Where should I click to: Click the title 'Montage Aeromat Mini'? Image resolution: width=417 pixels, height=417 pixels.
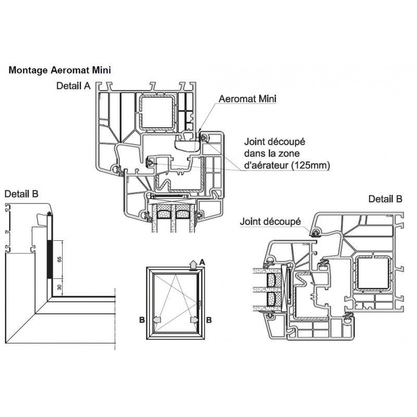pyautogui.click(x=59, y=70)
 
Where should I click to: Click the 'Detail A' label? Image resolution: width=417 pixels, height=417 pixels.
pyautogui.click(x=73, y=86)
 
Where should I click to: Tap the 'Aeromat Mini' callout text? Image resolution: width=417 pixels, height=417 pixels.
pyautogui.click(x=247, y=99)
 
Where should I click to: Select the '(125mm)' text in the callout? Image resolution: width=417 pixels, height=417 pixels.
pyautogui.click(x=311, y=165)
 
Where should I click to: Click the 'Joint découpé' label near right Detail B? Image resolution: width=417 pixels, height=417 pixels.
pyautogui.click(x=270, y=222)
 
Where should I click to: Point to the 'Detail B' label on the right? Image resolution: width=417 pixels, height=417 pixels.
pyautogui.click(x=385, y=199)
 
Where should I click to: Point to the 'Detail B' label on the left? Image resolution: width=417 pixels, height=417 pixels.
pyautogui.click(x=21, y=194)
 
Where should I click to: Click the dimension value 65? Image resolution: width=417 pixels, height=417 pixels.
pyautogui.click(x=59, y=259)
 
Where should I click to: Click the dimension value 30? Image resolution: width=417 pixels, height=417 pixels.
pyautogui.click(x=59, y=287)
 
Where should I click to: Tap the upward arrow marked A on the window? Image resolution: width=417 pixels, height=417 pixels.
pyautogui.click(x=193, y=265)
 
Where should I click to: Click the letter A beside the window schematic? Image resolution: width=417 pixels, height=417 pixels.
pyautogui.click(x=202, y=263)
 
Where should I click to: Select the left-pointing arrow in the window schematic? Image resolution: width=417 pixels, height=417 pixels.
pyautogui.click(x=157, y=320)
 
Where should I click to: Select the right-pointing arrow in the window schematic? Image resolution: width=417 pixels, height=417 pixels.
pyautogui.click(x=194, y=320)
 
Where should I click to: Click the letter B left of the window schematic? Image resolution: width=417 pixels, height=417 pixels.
pyautogui.click(x=142, y=320)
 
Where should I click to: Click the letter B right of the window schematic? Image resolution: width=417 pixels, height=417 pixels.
pyautogui.click(x=209, y=320)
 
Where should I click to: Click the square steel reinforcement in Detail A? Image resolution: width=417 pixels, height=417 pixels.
pyautogui.click(x=157, y=113)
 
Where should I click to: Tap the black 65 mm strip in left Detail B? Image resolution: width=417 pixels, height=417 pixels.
pyautogui.click(x=50, y=259)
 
